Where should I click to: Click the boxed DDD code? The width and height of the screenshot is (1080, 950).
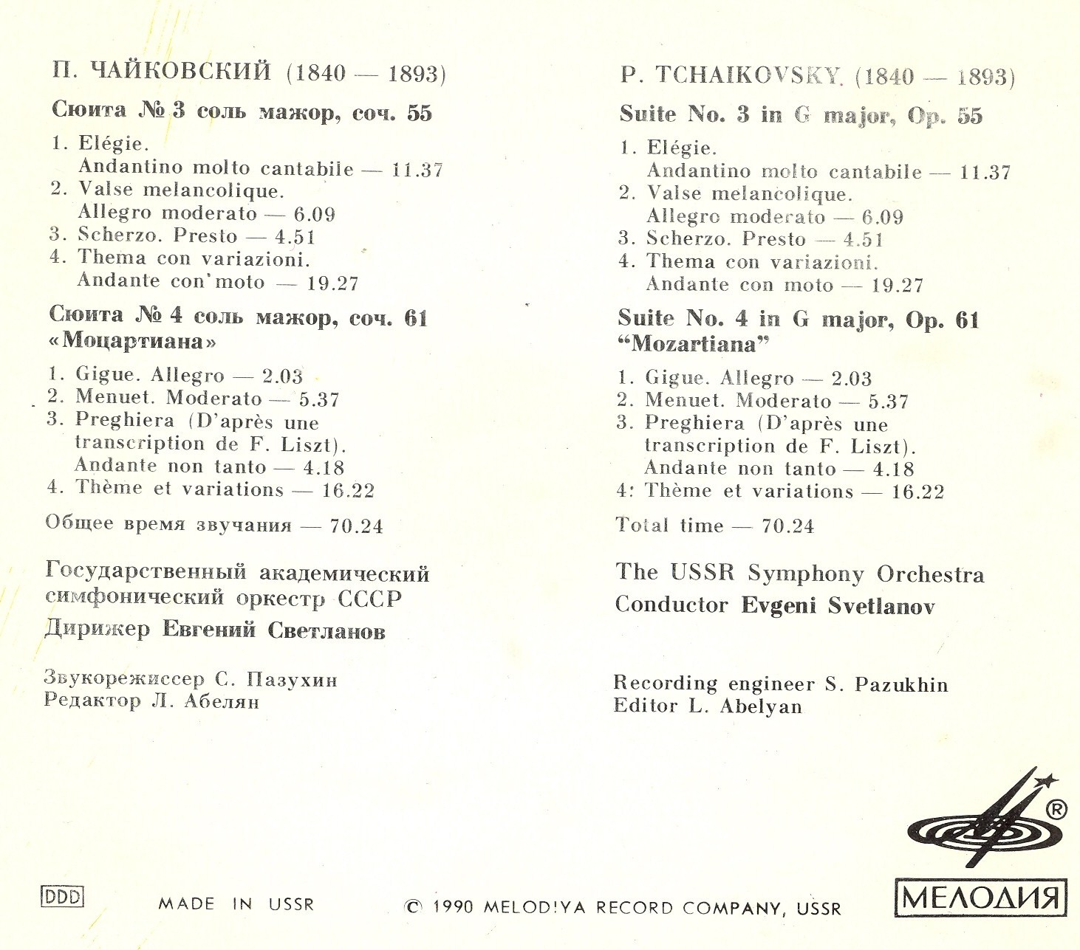click(x=62, y=897)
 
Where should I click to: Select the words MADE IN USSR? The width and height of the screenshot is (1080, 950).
click(x=236, y=904)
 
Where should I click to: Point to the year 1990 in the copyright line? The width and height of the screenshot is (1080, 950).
click(x=453, y=906)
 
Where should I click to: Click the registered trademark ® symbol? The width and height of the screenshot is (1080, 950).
click(x=1057, y=810)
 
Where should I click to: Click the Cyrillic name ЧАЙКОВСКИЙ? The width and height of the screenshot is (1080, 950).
click(x=181, y=71)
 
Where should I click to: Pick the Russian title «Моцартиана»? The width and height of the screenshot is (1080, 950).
click(x=134, y=341)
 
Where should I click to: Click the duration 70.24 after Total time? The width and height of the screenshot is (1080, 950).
click(x=787, y=526)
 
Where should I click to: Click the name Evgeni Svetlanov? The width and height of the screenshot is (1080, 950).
click(x=838, y=606)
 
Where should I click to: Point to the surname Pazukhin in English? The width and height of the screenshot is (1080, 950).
click(x=901, y=684)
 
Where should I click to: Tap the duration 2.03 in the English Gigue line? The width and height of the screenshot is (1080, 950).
click(x=851, y=379)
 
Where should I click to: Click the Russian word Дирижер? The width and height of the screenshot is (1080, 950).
click(x=98, y=629)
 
